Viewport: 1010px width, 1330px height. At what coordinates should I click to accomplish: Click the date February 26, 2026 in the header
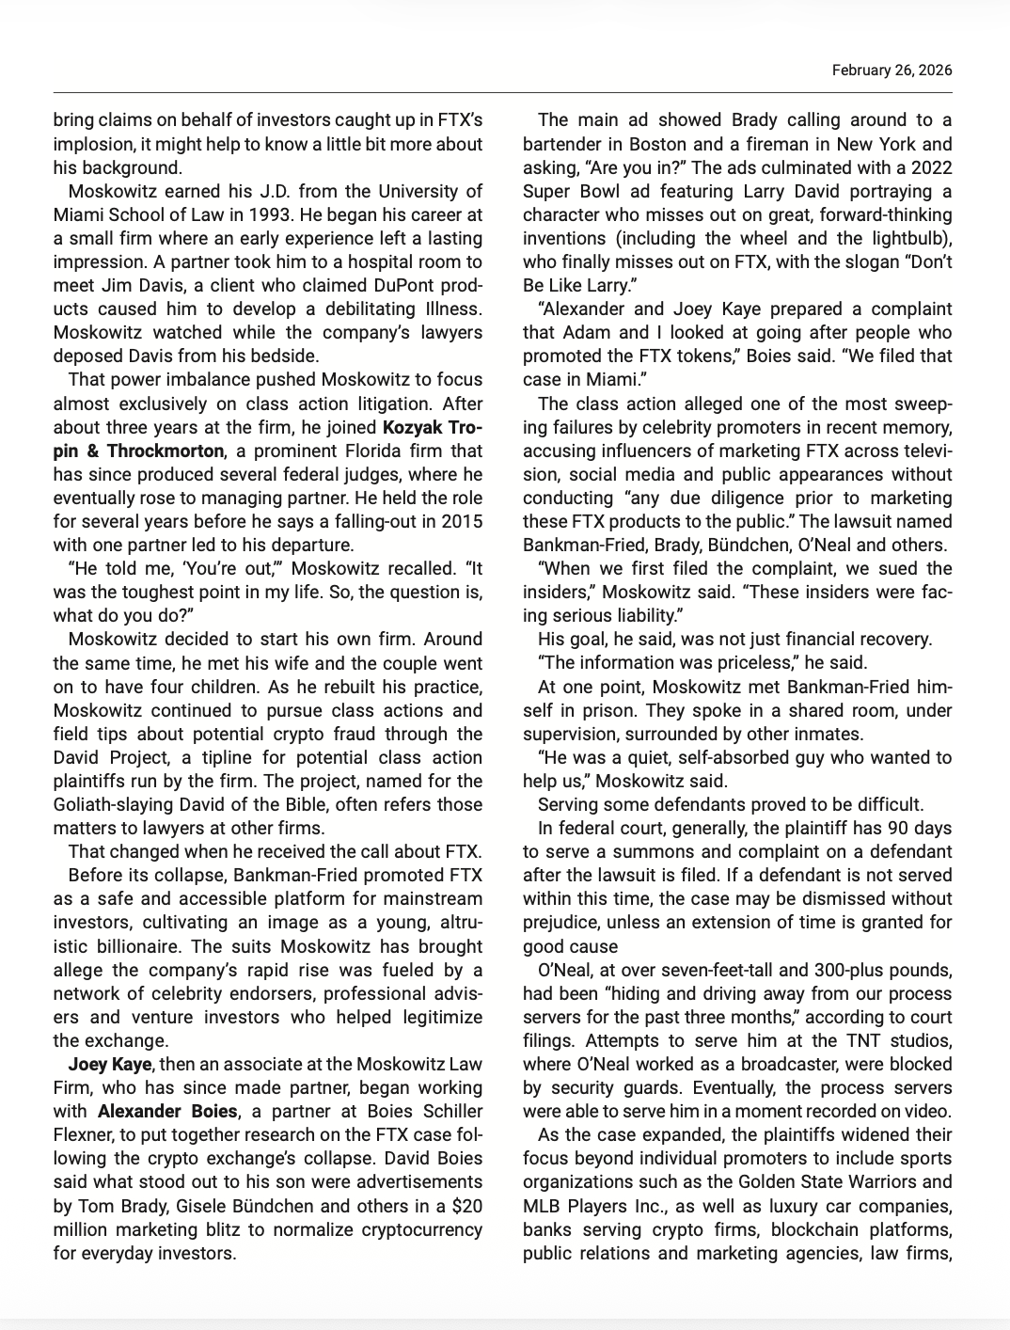892,71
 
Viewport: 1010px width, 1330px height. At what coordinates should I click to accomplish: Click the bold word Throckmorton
166,451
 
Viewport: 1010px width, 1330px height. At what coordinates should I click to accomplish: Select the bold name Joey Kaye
110,1065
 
